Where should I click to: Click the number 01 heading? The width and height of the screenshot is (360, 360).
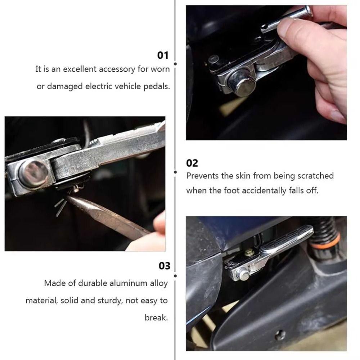click(163, 55)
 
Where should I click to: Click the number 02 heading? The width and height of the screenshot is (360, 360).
click(192, 163)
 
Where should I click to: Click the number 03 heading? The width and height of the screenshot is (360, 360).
click(164, 266)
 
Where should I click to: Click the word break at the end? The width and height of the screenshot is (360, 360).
click(156, 318)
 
